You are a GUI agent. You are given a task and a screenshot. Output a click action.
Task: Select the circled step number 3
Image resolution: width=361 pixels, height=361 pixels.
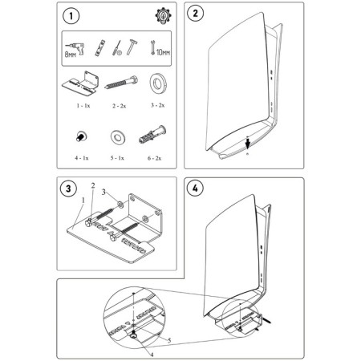pos(71,189)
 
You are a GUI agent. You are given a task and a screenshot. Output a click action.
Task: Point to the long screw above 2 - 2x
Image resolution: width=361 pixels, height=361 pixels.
pos(117,83)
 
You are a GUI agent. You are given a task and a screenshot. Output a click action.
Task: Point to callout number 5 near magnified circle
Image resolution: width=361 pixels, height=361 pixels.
pos(168,340)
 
